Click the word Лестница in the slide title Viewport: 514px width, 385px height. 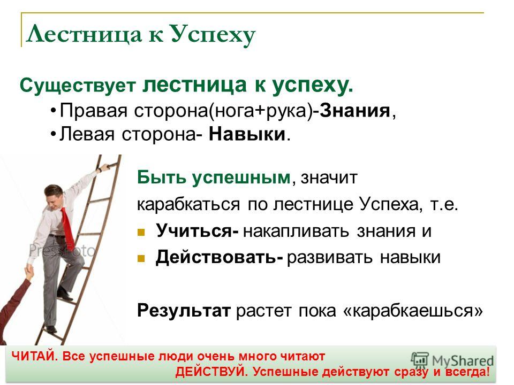(84, 34)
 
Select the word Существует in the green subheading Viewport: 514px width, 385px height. (78, 86)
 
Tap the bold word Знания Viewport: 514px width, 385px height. (355, 111)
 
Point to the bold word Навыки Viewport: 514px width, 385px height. (247, 134)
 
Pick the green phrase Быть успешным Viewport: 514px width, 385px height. (214, 178)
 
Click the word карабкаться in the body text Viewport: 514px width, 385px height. (188, 205)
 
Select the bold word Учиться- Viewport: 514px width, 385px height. (197, 231)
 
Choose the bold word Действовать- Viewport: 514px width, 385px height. (220, 257)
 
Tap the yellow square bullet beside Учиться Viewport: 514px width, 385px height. (141, 233)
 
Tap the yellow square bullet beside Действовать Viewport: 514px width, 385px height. (141, 259)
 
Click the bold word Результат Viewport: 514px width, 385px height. (184, 310)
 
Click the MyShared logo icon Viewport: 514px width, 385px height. (420, 360)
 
